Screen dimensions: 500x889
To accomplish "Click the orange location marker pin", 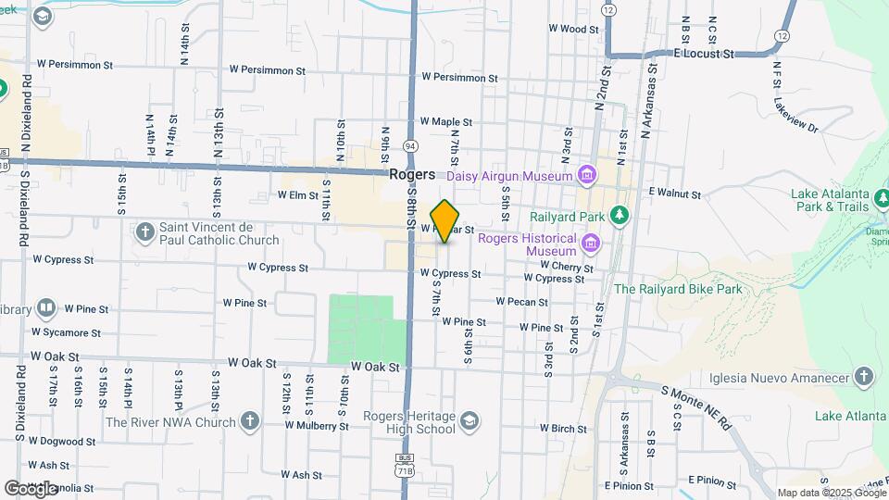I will coord(444,221).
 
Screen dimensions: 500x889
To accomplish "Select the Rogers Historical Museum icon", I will coord(591,244).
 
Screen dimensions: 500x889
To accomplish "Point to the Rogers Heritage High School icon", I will coord(470,422).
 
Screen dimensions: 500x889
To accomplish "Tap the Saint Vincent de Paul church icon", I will coord(144,231).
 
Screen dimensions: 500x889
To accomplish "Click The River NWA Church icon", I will coord(248,422).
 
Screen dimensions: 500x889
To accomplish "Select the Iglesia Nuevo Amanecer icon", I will coord(863,377).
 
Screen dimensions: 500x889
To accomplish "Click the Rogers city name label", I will coord(412,174).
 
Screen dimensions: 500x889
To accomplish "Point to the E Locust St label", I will coord(704,55).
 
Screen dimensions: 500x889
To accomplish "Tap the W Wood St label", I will coord(574,29).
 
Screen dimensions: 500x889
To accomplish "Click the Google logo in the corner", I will coord(31,488).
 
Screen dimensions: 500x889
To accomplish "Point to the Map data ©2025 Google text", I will coord(832,493).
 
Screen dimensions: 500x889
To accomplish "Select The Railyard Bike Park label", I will coord(678,289).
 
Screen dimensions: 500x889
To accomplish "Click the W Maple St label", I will coord(445,121).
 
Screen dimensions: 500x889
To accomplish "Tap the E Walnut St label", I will coord(674,194).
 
